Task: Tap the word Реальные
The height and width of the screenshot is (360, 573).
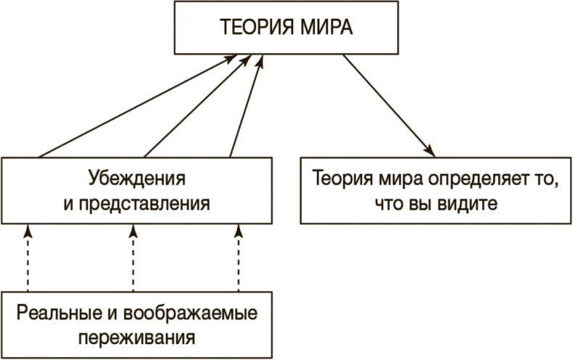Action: [x=51, y=314]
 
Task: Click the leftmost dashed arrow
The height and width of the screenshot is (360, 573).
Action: [x=28, y=258]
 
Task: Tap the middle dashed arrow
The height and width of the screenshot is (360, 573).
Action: [x=133, y=258]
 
